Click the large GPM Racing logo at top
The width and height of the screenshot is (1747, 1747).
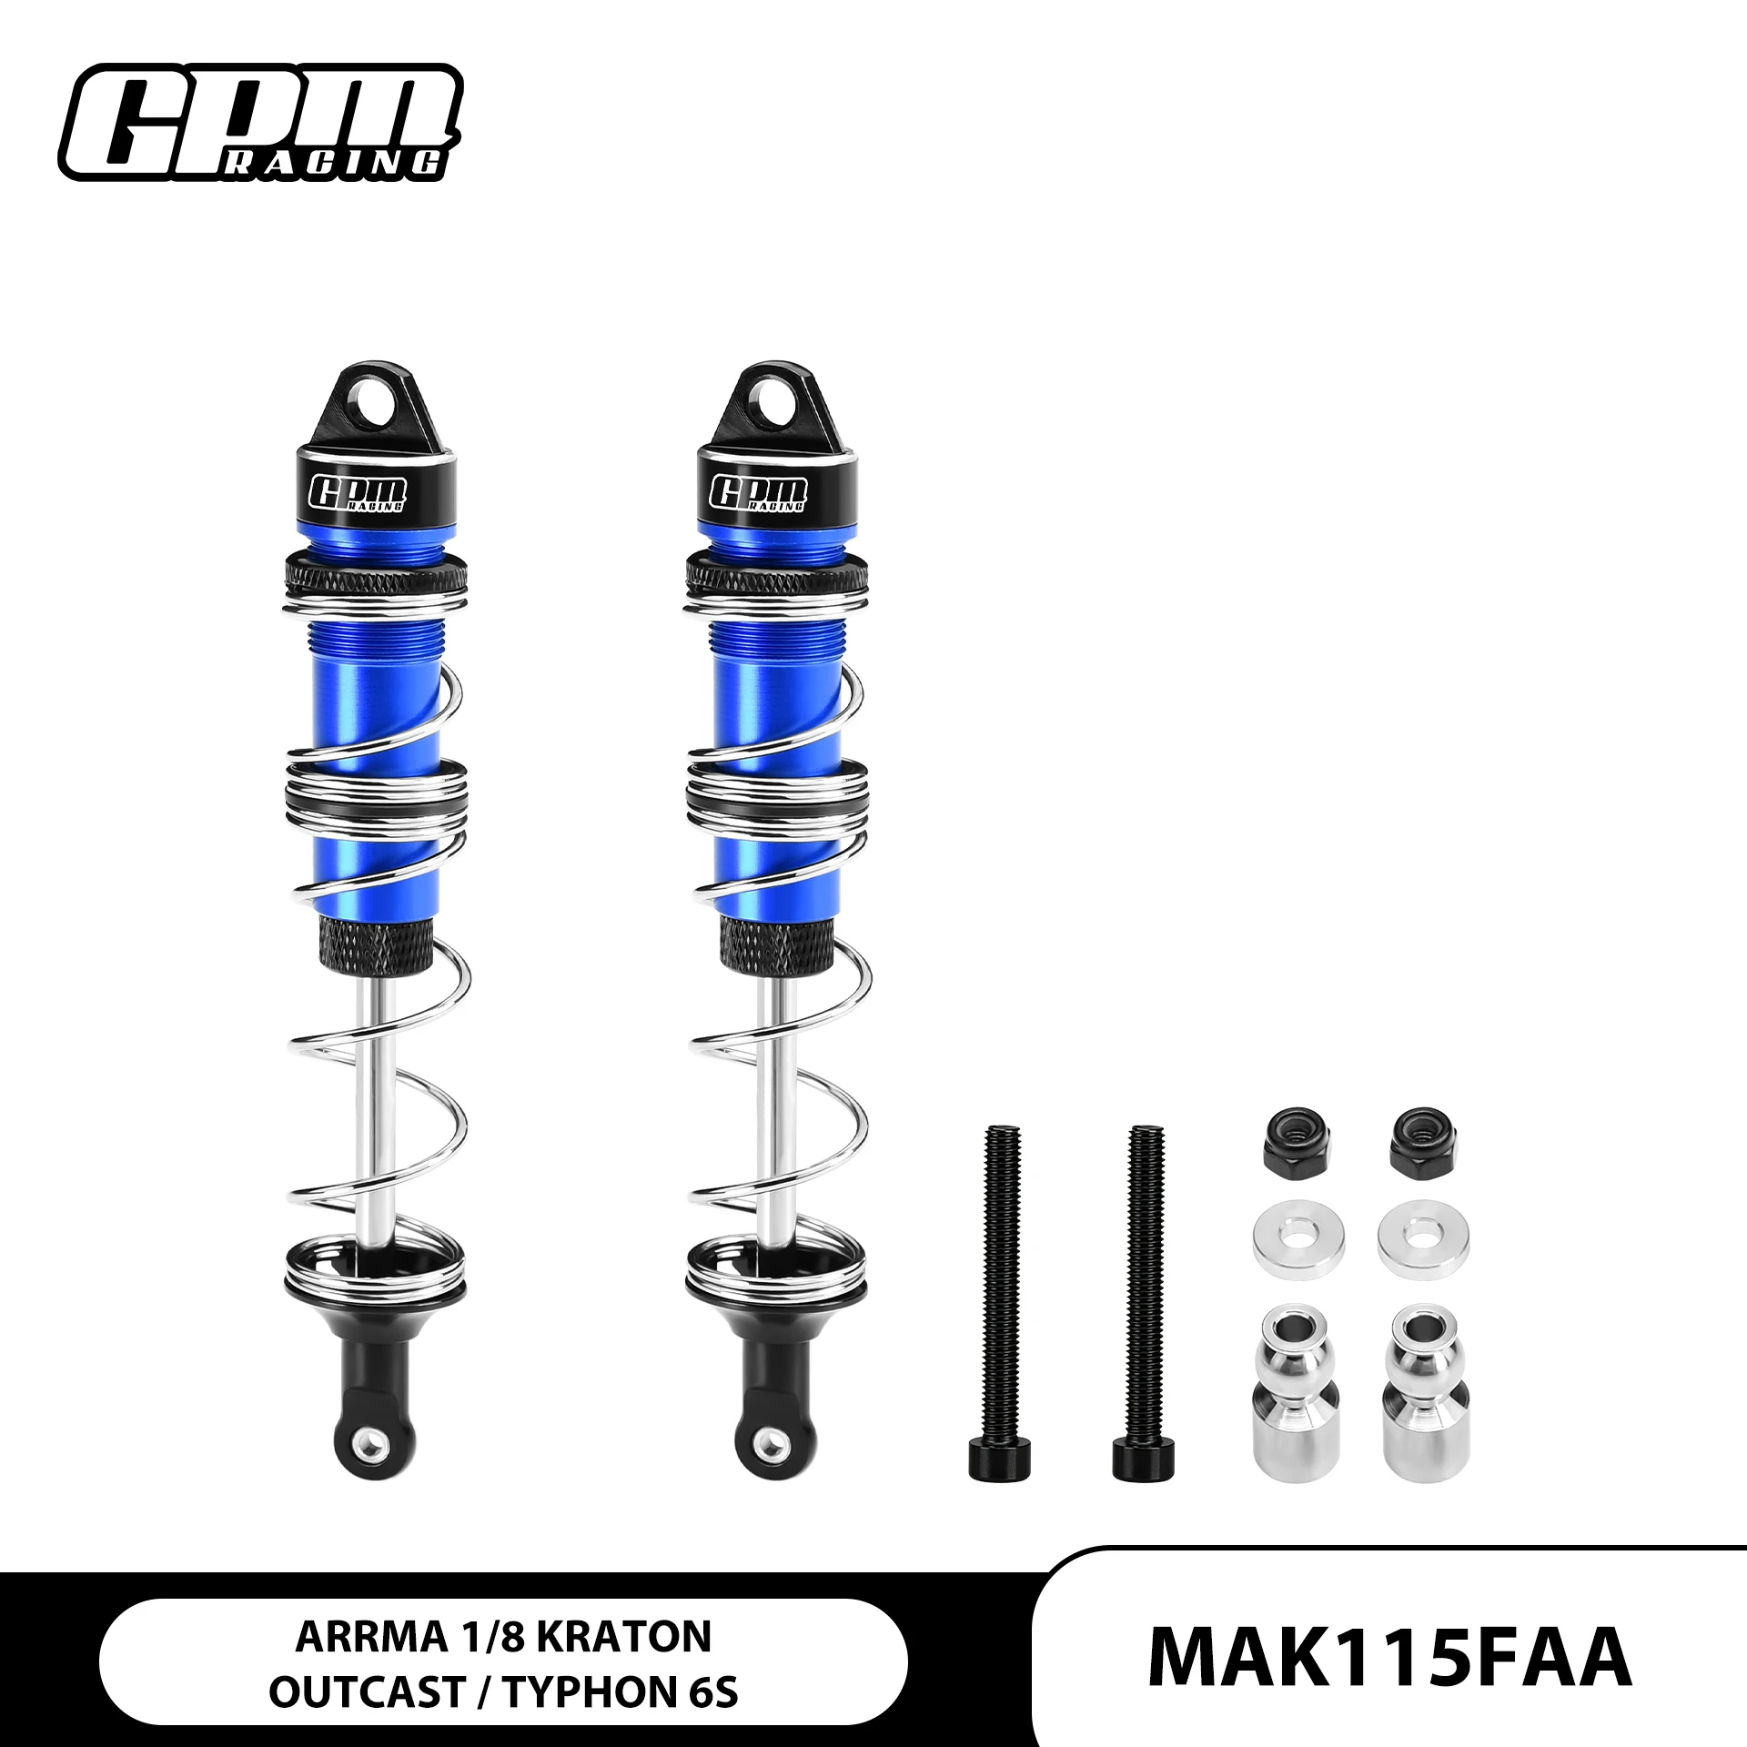[260, 122]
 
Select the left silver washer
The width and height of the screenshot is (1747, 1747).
[1286, 1238]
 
